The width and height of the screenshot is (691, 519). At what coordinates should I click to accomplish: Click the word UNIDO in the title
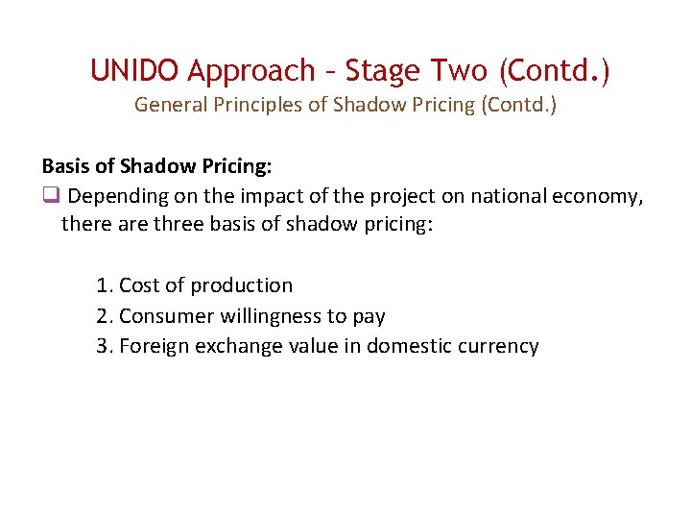[135, 70]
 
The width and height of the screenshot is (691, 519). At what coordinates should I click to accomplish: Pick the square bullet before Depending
[50, 197]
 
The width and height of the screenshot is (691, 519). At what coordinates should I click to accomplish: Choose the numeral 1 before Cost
[103, 285]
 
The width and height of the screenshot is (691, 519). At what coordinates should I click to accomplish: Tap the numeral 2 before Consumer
[103, 316]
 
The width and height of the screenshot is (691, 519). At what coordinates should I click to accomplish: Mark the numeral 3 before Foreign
[103, 346]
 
